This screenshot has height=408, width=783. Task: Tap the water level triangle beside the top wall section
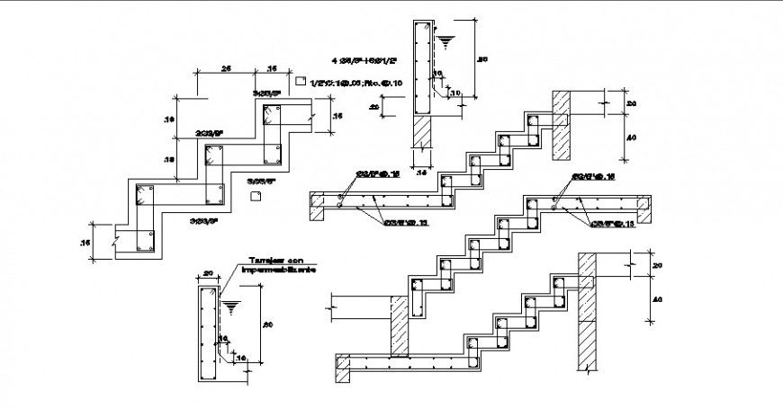coord(446,40)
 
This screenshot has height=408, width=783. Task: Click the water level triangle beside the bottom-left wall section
coord(232,306)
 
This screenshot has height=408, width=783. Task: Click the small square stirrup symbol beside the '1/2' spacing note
coord(300,82)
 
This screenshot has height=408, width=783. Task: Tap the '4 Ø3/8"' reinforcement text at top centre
coord(346,62)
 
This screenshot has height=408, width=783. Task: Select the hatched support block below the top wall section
coord(423,133)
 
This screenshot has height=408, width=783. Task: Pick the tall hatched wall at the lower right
coord(589,310)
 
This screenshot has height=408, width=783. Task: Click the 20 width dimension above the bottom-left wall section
coord(207,272)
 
